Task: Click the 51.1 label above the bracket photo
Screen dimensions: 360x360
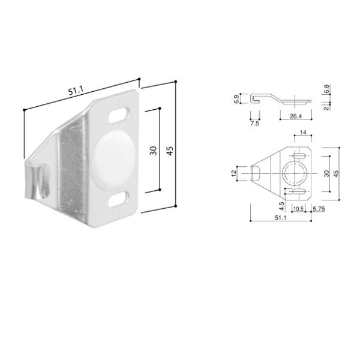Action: tap(76, 91)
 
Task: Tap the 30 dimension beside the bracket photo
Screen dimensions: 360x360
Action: tap(153, 151)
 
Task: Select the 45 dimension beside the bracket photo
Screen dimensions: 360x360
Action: tap(170, 151)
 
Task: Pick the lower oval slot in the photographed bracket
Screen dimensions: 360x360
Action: tap(118, 199)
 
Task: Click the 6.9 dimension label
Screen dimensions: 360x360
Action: tap(236, 99)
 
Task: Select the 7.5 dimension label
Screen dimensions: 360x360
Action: tap(254, 124)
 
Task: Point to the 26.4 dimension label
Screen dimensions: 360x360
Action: tap(295, 116)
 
